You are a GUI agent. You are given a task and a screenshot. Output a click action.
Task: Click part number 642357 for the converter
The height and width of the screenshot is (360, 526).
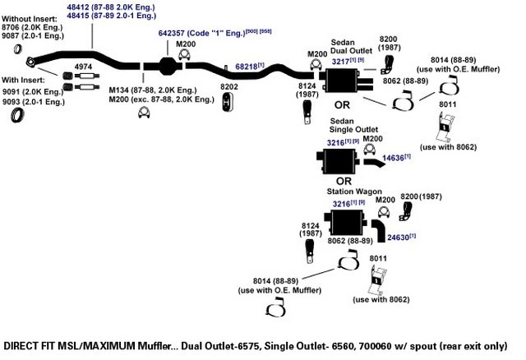click(171, 33)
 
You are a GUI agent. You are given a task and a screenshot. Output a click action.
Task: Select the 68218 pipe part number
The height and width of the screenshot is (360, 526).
click(246, 67)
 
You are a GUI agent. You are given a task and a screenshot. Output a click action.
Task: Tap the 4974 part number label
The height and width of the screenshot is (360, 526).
click(83, 67)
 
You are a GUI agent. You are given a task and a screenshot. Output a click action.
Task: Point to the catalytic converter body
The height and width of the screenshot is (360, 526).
click(167, 66)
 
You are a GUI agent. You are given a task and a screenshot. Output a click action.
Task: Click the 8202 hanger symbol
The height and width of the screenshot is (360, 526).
click(228, 102)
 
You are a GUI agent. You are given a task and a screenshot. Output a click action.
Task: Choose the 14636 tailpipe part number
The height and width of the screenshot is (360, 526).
click(393, 158)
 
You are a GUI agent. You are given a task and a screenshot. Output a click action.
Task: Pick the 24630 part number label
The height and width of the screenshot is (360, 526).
click(398, 238)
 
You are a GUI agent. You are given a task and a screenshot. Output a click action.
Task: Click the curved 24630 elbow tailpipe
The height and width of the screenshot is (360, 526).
click(380, 230)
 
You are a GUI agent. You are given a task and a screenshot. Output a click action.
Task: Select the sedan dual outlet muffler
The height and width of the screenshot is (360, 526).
click(345, 81)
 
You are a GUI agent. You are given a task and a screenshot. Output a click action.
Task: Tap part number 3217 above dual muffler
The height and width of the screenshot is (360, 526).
click(340, 62)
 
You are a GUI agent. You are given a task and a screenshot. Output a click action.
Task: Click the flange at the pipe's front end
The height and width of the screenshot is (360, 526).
click(30, 62)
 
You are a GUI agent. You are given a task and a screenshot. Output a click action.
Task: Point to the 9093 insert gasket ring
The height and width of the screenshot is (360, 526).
click(16, 115)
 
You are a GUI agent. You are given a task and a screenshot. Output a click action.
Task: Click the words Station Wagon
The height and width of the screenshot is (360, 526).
click(354, 192)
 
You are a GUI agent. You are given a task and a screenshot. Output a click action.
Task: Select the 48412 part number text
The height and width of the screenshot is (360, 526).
click(77, 7)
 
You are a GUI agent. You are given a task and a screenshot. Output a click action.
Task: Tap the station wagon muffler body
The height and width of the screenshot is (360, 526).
click(346, 223)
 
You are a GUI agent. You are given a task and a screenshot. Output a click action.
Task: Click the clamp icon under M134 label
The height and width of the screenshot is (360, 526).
click(144, 113)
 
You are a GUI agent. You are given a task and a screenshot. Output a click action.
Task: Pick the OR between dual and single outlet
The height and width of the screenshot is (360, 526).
click(342, 105)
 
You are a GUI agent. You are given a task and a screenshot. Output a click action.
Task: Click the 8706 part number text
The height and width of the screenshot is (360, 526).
click(10, 27)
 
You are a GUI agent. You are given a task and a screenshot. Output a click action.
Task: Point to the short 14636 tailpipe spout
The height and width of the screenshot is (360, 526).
click(375, 163)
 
